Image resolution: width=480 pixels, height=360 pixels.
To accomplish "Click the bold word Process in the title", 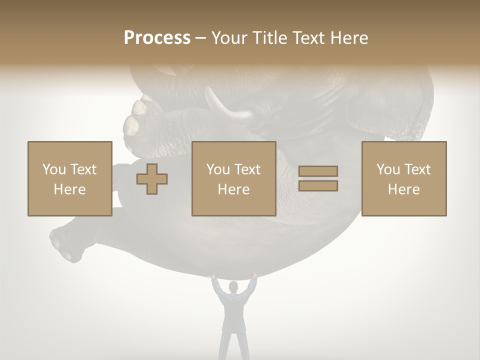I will [157, 37].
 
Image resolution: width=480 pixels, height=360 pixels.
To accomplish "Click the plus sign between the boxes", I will [152, 179].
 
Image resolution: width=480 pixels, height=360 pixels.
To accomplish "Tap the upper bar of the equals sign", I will [318, 171].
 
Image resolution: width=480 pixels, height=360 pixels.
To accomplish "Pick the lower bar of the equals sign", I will [318, 186].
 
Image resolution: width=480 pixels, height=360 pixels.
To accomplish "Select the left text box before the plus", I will [69, 178].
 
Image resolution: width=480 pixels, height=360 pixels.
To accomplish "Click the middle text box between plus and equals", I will [233, 178].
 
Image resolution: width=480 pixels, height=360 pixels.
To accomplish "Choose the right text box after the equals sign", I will [404, 178].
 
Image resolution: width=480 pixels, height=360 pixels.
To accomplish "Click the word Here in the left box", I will [69, 189].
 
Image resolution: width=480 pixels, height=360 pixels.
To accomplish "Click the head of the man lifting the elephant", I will [233, 286].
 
